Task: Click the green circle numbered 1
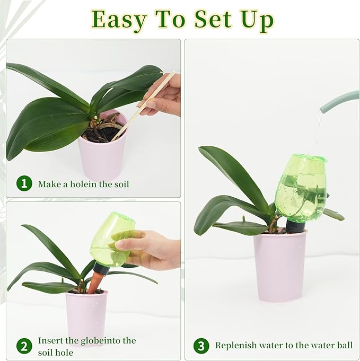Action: click(x=24, y=184)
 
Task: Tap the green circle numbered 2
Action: click(x=24, y=346)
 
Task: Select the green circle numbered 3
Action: click(x=201, y=346)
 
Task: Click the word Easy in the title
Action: click(x=118, y=20)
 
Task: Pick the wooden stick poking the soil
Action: click(x=143, y=106)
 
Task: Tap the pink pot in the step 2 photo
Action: click(x=86, y=316)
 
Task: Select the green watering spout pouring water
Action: click(x=339, y=101)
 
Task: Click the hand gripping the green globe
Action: click(x=152, y=249)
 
